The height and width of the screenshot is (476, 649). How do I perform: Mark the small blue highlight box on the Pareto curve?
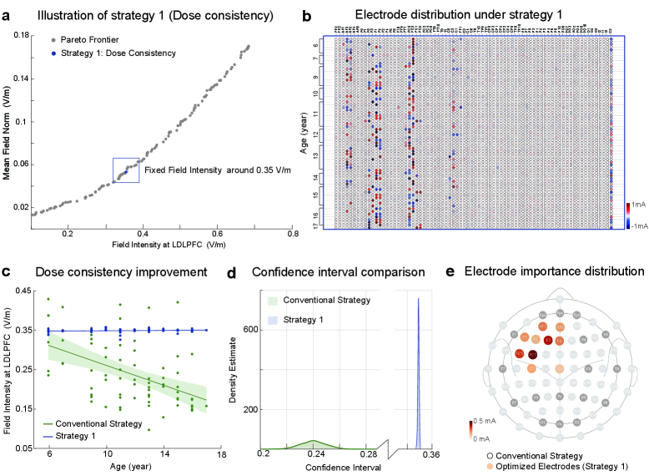pyautogui.click(x=126, y=170)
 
